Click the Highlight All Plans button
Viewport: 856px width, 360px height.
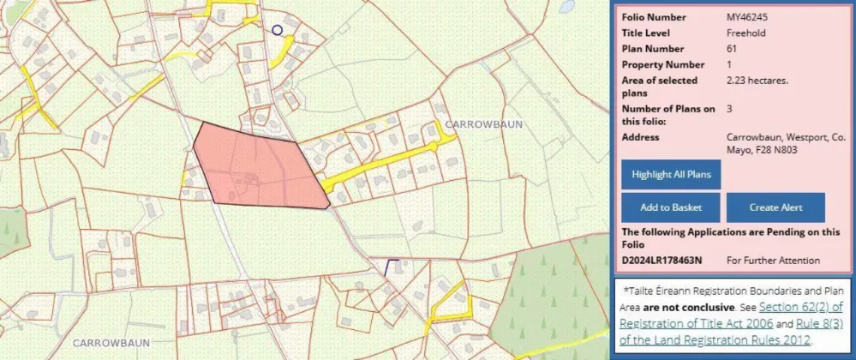(672, 175)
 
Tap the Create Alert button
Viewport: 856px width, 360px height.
(775, 207)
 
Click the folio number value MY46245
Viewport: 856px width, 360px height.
(746, 17)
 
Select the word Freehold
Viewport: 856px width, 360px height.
(745, 33)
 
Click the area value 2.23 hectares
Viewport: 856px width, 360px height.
(757, 81)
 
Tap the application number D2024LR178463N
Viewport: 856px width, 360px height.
(661, 260)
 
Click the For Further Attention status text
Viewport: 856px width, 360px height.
(773, 260)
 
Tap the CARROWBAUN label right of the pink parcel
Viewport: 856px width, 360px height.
(483, 124)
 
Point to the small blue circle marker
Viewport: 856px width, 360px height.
(277, 30)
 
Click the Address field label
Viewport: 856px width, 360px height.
(640, 137)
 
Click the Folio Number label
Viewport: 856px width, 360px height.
(655, 17)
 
